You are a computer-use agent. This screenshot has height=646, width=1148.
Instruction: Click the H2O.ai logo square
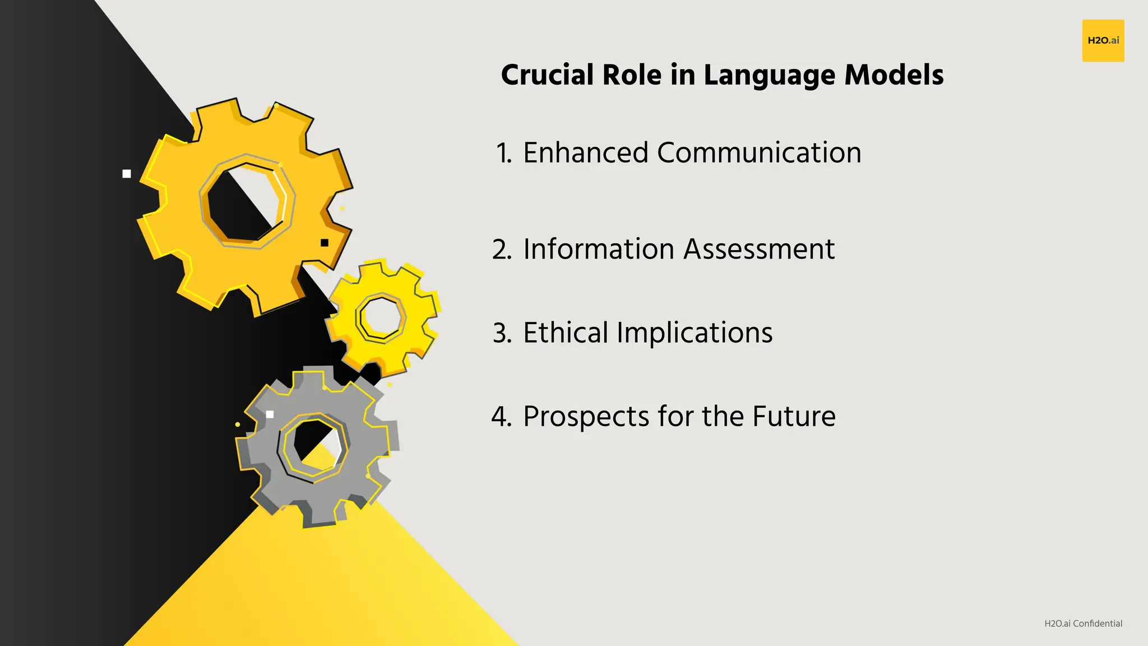1103,40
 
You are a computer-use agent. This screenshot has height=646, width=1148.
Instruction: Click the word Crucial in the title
547,75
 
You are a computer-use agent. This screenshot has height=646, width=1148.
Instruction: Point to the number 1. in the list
504,153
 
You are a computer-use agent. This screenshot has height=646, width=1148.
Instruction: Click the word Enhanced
585,153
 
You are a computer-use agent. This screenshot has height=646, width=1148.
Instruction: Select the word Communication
759,153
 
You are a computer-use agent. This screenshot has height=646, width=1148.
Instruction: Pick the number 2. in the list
502,249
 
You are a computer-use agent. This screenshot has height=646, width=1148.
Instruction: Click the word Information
598,249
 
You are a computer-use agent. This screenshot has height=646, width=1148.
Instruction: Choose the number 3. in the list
502,333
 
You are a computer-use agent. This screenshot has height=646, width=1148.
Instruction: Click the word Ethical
566,333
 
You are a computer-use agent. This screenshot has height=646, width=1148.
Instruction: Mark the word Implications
695,334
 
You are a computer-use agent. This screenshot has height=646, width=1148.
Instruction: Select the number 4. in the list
501,417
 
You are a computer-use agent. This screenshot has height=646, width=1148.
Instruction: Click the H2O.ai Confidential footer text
1083,624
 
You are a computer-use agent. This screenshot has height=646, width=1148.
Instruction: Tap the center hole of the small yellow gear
382,317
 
